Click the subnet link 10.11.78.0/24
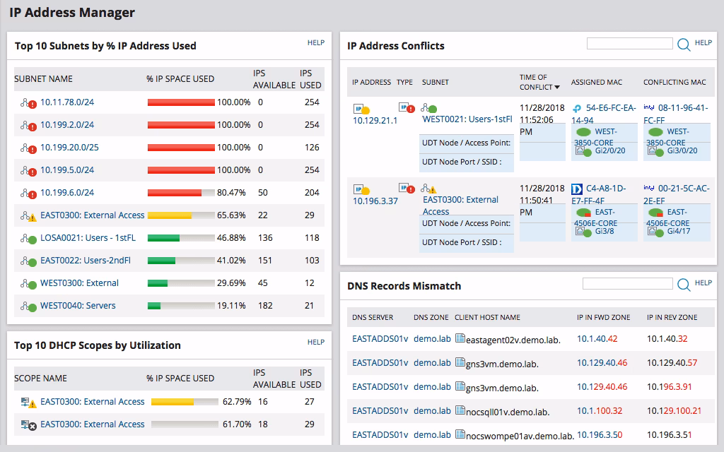point(67,102)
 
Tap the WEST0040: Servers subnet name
point(78,306)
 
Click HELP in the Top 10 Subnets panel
point(315,43)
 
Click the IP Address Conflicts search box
point(629,44)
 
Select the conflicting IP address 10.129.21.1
point(375,121)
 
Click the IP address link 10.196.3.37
point(375,201)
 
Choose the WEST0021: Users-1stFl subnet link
point(467,119)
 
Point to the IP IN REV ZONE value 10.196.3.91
point(669,387)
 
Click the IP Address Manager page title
point(71,13)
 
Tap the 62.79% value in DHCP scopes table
point(237,402)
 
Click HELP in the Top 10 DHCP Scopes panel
point(315,343)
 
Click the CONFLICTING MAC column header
point(674,82)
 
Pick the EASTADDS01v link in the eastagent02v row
point(380,339)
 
